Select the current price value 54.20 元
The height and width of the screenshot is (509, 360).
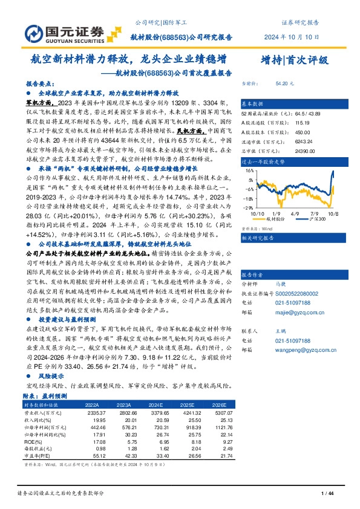point(284,84)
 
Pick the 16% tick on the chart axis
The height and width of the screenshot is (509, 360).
point(249,172)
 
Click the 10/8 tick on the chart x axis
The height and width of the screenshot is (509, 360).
point(332,213)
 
